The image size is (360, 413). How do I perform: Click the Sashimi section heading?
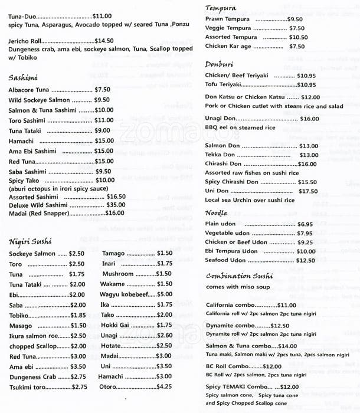tap(23, 77)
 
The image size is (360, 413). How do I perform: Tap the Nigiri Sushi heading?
tap(30, 241)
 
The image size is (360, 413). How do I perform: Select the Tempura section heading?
tap(221, 8)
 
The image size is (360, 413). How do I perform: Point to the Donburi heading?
tap(220, 64)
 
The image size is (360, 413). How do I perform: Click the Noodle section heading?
tap(217, 212)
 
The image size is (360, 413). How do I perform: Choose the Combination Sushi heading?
tap(239, 276)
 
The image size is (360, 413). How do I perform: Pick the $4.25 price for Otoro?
tap(164, 386)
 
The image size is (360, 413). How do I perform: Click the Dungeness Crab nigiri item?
tap(32, 376)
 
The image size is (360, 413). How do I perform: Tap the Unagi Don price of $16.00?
tap(309, 119)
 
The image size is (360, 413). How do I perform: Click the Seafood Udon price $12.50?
tap(305, 260)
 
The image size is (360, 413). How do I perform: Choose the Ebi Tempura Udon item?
tap(231, 251)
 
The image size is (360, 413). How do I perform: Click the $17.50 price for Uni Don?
tap(307, 191)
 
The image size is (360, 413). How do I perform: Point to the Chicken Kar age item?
tap(228, 46)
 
